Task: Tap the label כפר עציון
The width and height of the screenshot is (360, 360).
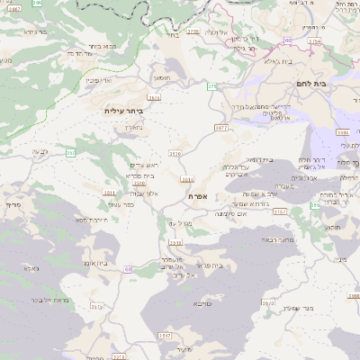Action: tap(135, 204)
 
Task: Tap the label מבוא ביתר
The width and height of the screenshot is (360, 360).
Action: tap(101, 46)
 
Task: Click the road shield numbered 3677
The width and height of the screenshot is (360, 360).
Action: tap(220, 129)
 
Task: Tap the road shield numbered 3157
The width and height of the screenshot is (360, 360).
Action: tap(280, 211)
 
